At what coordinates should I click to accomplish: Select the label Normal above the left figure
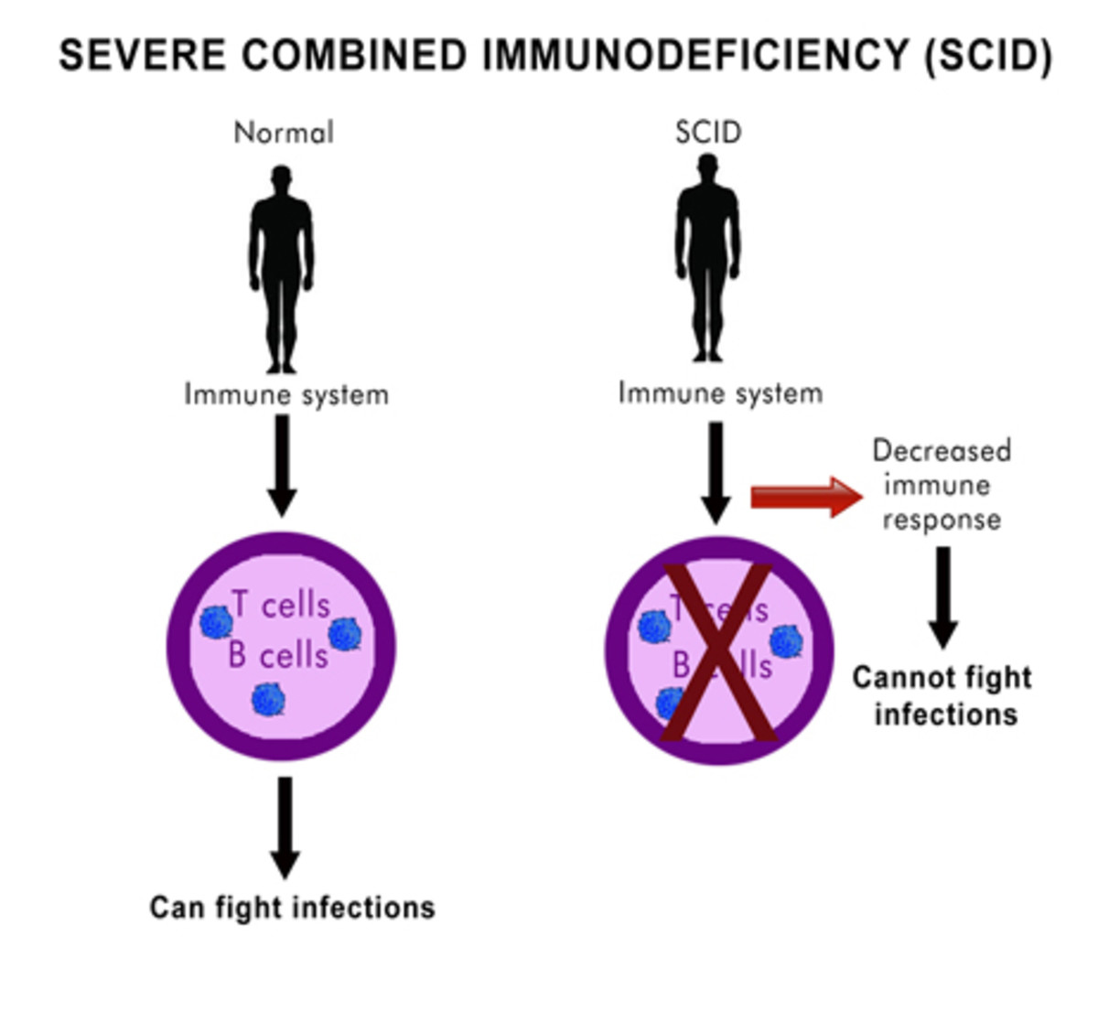pyautogui.click(x=284, y=133)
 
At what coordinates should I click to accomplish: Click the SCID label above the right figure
pyautogui.click(x=708, y=133)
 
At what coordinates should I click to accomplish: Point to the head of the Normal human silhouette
pyautogui.click(x=282, y=178)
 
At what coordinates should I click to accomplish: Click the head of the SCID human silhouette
pyautogui.click(x=707, y=167)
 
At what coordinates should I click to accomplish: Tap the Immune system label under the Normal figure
pyautogui.click(x=286, y=394)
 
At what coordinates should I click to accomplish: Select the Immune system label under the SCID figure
pyautogui.click(x=720, y=392)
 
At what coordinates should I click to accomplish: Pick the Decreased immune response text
pyautogui.click(x=942, y=485)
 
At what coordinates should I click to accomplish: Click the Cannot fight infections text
pyautogui.click(x=943, y=695)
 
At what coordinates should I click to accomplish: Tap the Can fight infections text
pyautogui.click(x=292, y=907)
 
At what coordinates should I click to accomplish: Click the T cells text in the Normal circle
pyautogui.click(x=280, y=605)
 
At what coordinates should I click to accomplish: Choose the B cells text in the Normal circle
pyautogui.click(x=278, y=655)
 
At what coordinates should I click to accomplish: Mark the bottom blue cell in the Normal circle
pyautogui.click(x=268, y=700)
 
